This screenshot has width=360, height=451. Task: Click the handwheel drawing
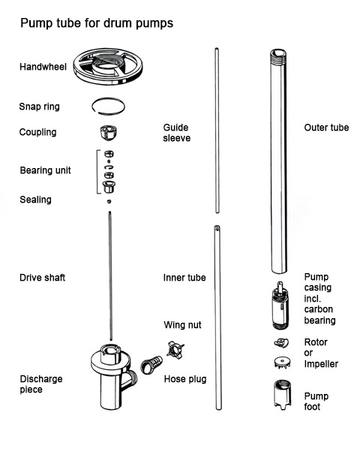[x=107, y=67]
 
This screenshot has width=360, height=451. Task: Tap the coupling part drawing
[x=108, y=133]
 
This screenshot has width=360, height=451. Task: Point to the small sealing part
[x=109, y=201]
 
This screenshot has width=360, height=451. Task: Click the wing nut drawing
[x=175, y=350]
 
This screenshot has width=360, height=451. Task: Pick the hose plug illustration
[x=151, y=365]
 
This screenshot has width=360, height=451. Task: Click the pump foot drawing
[x=282, y=395]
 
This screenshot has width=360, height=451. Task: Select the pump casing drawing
[x=280, y=305]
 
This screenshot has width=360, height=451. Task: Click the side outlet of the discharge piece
[x=131, y=379]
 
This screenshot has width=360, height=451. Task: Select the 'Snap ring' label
[x=40, y=107]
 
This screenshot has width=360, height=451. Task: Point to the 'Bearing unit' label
[x=46, y=170]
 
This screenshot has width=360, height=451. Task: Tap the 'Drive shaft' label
[x=42, y=278]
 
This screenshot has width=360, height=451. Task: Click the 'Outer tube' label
[x=327, y=128]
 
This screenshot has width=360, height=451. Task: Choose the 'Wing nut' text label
[x=182, y=325]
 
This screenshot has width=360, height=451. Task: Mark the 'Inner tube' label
[x=184, y=278]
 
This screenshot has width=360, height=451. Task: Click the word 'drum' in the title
[x=118, y=23]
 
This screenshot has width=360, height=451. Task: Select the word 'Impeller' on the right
[x=321, y=364]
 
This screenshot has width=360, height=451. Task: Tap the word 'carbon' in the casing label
[x=319, y=309]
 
